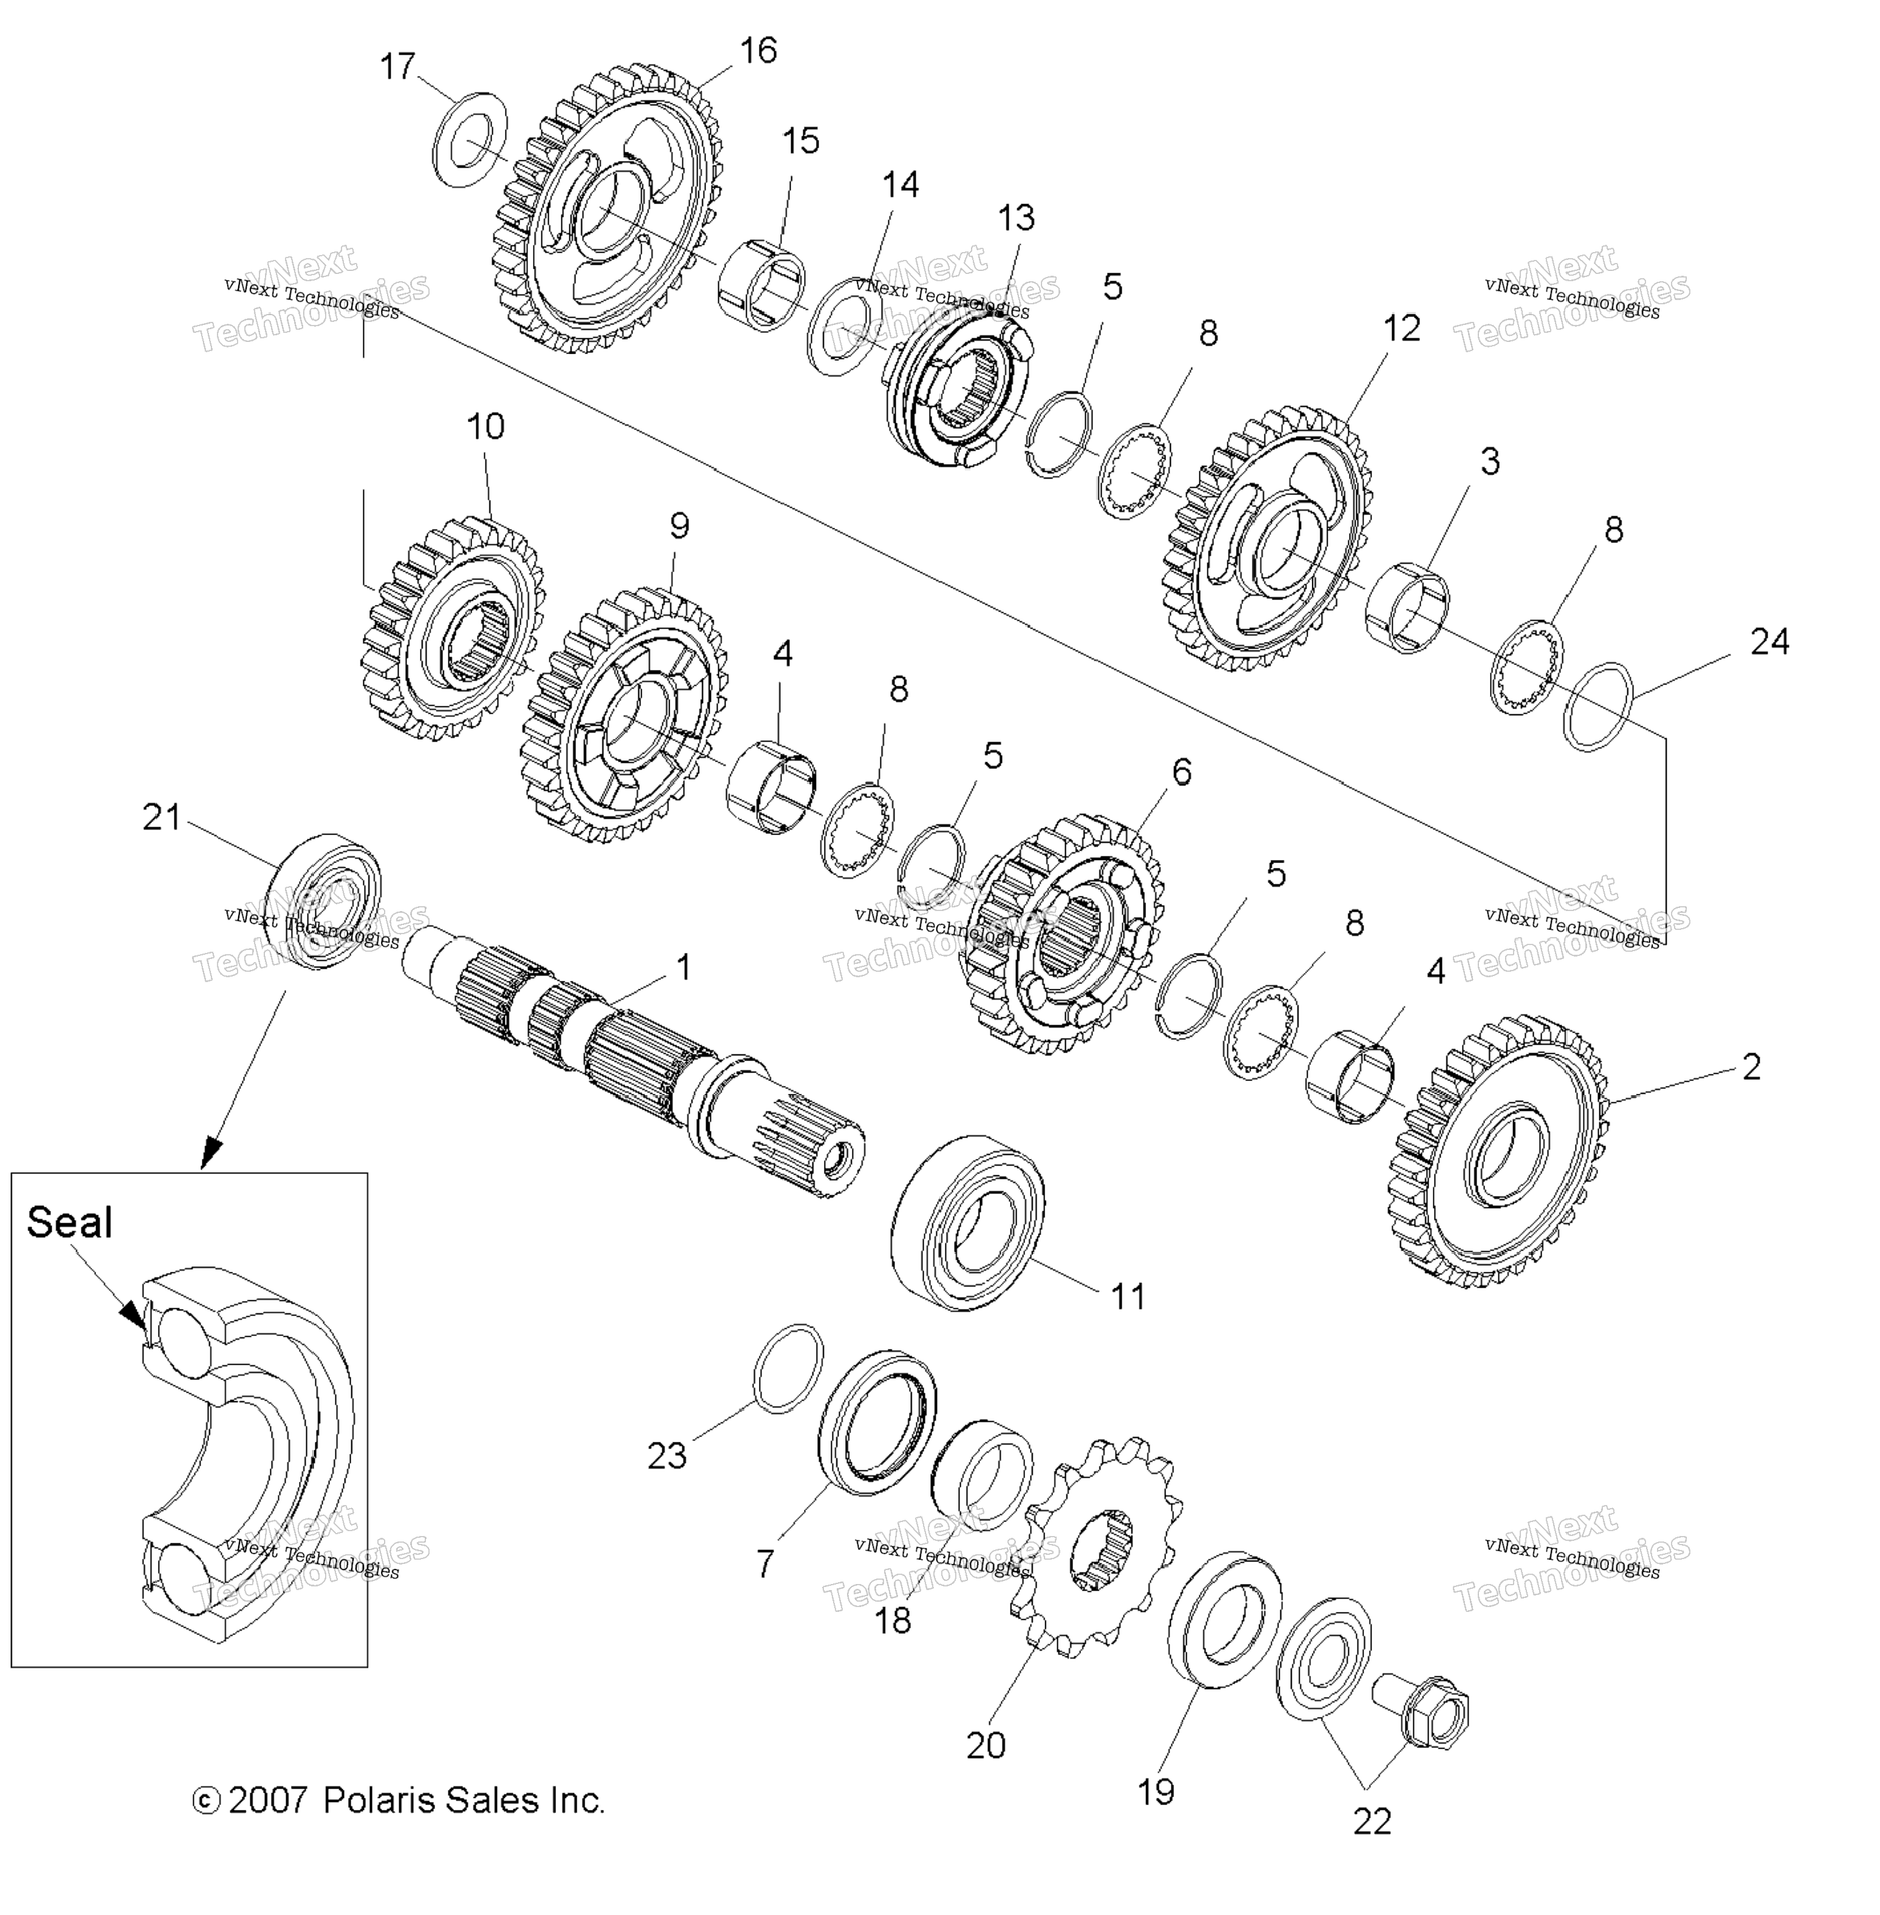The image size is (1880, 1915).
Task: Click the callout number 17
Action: [398, 67]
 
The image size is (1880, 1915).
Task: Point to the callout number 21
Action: [162, 818]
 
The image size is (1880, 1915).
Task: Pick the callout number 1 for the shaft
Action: [682, 968]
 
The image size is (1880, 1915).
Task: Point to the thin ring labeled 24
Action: [1597, 707]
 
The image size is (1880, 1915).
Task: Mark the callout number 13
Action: [1016, 218]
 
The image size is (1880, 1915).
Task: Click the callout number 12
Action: [1401, 329]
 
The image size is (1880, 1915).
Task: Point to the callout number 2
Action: [1751, 1067]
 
